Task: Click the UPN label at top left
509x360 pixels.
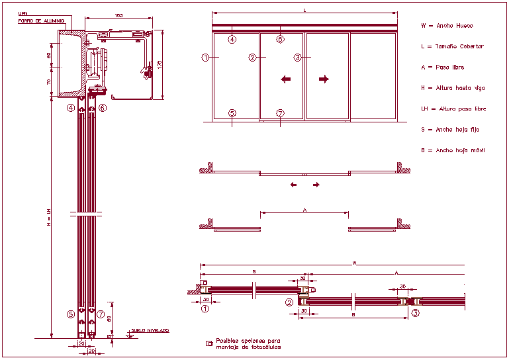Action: point(23,13)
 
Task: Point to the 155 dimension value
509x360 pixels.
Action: point(118,15)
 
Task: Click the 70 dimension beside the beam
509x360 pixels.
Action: point(49,81)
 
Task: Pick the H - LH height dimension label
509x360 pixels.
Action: point(48,218)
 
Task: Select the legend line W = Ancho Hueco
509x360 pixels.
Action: point(447,26)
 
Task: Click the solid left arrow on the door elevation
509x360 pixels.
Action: point(285,79)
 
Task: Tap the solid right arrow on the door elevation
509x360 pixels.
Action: point(324,79)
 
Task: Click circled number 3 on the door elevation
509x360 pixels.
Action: point(298,58)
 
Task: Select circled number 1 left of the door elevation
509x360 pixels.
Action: point(206,58)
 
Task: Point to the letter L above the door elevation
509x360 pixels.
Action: point(304,11)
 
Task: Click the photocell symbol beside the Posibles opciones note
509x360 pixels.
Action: point(209,343)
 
